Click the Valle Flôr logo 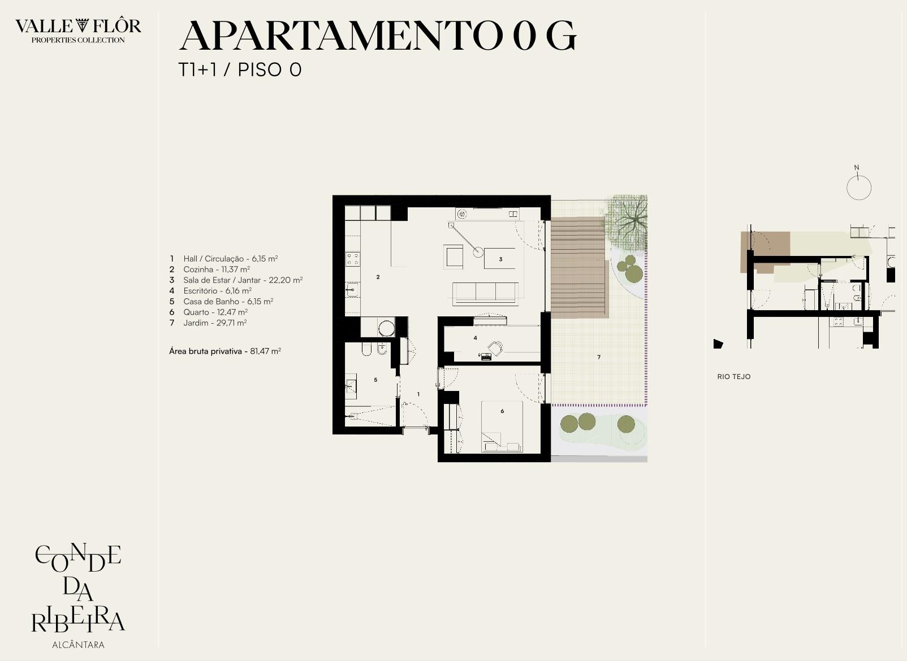coord(78,31)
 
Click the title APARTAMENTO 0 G coord(378,36)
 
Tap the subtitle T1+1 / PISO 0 coord(240,69)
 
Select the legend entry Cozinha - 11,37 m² coord(216,269)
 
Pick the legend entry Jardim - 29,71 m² coord(215,323)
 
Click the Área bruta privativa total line coord(224,351)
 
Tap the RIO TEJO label coord(734,377)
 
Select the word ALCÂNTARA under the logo coord(78,645)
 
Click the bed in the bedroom coord(502,426)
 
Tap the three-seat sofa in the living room coord(485,293)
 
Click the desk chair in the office coord(495,348)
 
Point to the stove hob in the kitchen coord(352,259)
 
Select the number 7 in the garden coord(599,357)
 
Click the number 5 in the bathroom coord(376,380)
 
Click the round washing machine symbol coord(386,328)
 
